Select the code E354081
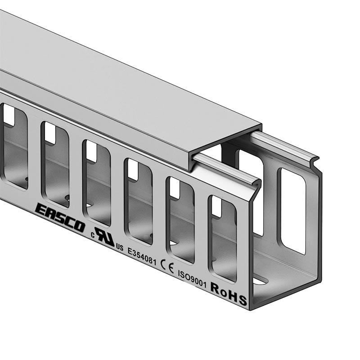142,256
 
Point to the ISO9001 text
192,279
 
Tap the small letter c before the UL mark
93,234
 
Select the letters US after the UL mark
119,247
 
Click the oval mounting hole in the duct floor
261,280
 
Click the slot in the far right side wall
292,211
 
